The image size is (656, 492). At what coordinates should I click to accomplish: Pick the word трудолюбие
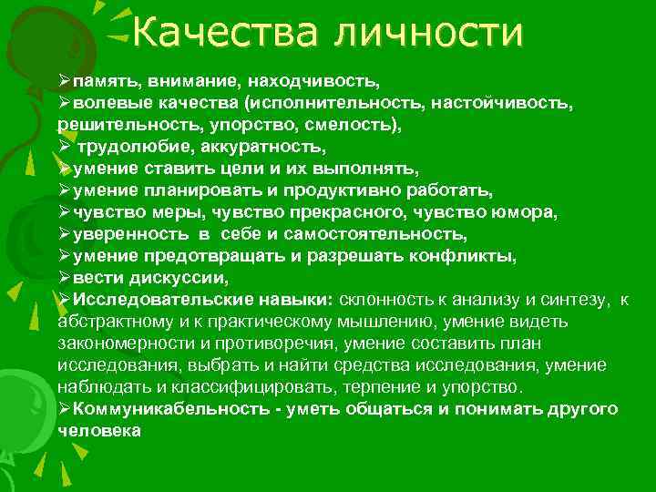tap(122, 146)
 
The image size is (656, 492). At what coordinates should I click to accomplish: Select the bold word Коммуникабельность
tap(169, 409)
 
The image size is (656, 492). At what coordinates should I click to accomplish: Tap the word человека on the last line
tap(98, 431)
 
